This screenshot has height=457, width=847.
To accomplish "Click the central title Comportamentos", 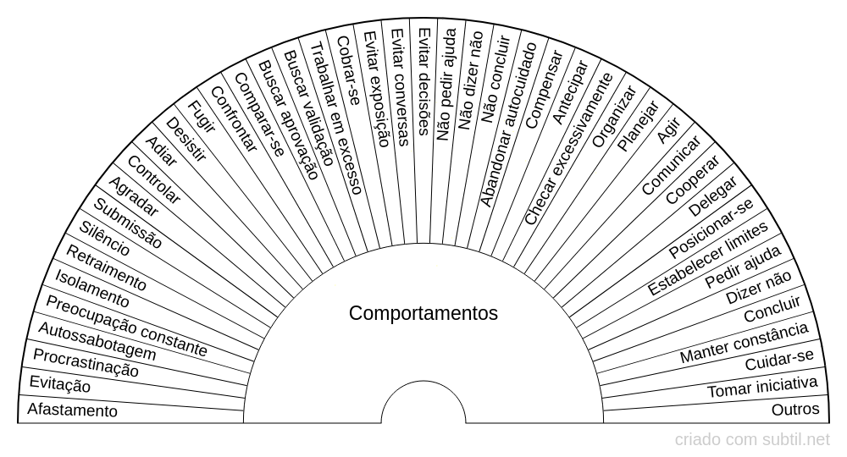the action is click(423, 313).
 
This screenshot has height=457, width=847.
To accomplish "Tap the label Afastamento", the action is click(72, 410).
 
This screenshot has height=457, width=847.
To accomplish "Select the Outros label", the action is click(795, 410).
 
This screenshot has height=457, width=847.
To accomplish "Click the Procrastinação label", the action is click(86, 362).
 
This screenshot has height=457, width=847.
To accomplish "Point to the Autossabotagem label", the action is click(97, 342).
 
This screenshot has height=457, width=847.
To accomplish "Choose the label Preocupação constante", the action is click(126, 327).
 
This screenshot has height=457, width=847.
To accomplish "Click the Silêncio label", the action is click(104, 239).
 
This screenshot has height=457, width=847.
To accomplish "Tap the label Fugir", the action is click(201, 116).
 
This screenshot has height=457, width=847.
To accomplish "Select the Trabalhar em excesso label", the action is click(335, 118).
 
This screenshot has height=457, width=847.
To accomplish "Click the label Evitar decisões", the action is click(424, 81).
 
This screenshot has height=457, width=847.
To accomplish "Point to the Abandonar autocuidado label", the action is click(509, 124).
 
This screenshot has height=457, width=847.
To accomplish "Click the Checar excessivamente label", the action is click(569, 148).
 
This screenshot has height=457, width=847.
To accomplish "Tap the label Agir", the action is click(667, 130).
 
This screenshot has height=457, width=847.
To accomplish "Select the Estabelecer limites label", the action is click(707, 258).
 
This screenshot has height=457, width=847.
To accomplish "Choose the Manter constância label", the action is click(745, 343).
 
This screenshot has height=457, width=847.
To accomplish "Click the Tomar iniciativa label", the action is click(762, 387).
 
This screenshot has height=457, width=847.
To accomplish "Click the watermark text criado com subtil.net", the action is click(752, 440).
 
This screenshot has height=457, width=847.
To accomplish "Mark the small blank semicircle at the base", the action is click(423, 403).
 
